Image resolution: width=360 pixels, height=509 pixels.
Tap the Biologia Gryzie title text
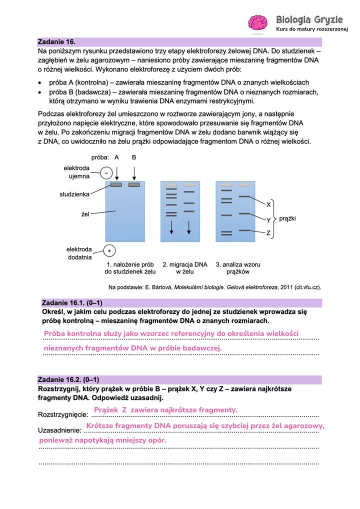pyautogui.click(x=309, y=19)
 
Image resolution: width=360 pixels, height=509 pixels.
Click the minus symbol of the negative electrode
pyautogui.click(x=106, y=173)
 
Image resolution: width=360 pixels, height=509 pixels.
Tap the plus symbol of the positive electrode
pyautogui.click(x=109, y=250)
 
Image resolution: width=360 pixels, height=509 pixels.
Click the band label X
pyautogui.click(x=268, y=204)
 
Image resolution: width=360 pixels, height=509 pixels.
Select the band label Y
pyautogui.click(x=268, y=220)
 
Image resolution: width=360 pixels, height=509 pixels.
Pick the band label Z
pyautogui.click(x=268, y=233)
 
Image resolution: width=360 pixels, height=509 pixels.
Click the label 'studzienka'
pyautogui.click(x=74, y=193)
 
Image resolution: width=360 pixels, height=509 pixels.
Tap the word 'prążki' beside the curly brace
pyautogui.click(x=288, y=218)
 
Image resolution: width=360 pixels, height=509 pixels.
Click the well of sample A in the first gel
pyautogui.click(x=116, y=185)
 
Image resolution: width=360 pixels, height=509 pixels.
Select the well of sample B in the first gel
pyautogui.click(x=134, y=185)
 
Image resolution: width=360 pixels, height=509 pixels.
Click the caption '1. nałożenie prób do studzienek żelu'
pyautogui.click(x=130, y=268)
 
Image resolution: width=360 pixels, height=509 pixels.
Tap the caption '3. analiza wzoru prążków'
pyautogui.click(x=237, y=268)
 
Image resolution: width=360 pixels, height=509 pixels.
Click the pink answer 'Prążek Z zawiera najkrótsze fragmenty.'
pyautogui.click(x=165, y=410)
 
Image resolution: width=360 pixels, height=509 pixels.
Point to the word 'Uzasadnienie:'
pyautogui.click(x=59, y=430)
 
